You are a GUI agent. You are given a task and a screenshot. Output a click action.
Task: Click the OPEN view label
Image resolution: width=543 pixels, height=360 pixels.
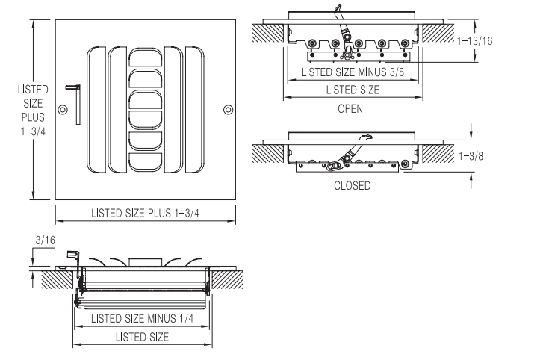tap(350, 108)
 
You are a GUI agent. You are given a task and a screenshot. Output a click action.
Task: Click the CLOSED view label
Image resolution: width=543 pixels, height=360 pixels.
tap(352, 186)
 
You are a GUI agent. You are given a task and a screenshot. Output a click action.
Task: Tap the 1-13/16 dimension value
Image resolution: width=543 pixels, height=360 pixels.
tap(476, 43)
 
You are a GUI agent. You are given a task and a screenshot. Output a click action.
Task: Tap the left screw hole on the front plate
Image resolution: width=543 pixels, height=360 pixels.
tap(62, 110)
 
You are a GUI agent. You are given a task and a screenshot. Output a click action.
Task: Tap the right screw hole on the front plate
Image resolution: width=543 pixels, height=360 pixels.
tap(228, 110)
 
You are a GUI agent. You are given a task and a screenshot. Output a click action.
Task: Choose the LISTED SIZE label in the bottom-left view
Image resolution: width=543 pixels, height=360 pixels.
tap(142, 337)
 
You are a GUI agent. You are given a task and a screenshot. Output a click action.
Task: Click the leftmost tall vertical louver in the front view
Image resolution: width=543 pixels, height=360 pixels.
tap(97, 110)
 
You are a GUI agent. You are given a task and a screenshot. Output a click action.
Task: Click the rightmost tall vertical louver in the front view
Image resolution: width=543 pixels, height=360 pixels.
tap(196, 110)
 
